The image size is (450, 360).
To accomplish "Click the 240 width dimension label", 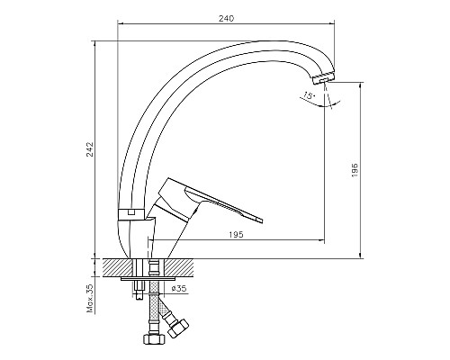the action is [x=226, y=19].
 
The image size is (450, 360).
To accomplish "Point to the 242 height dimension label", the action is [x=91, y=149].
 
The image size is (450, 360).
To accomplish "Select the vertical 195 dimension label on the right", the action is [x=355, y=170].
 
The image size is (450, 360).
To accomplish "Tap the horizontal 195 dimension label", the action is [x=236, y=235].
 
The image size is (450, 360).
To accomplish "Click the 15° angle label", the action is [x=309, y=95].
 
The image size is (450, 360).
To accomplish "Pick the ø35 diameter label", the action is [x=179, y=289].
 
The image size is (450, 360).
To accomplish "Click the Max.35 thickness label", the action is [x=91, y=299].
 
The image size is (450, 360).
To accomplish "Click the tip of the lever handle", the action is [x=261, y=220].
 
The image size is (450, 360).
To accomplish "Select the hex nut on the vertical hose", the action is [x=154, y=339].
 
